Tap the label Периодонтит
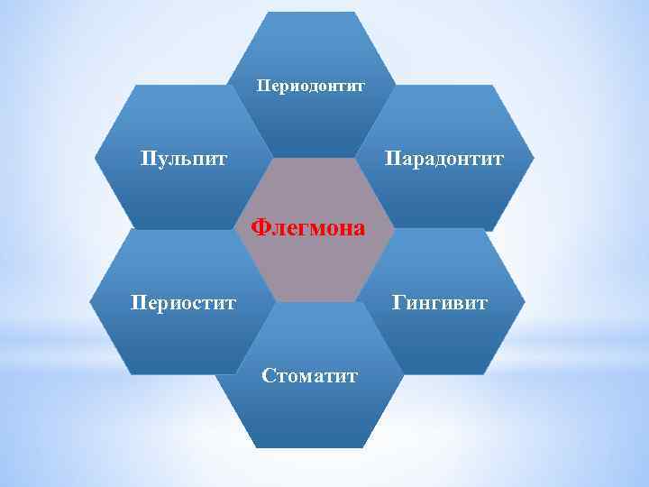(310, 87)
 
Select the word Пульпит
(184, 160)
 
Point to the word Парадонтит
(444, 160)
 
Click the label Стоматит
(310, 374)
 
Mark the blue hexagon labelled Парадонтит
(451, 194)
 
